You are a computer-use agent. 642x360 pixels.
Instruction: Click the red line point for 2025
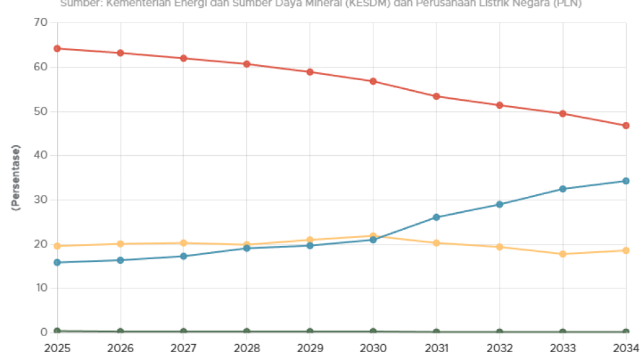58,48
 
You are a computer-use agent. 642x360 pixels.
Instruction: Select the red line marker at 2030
373,82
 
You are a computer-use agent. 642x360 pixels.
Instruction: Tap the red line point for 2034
625,125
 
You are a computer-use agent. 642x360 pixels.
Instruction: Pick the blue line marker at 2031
436,217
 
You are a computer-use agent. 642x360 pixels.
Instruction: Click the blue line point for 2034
625,181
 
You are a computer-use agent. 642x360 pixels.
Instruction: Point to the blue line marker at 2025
58,263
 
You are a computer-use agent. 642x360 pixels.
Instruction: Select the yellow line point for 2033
562,254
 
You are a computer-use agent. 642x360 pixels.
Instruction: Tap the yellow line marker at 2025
58,246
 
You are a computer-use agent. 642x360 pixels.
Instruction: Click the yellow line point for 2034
625,251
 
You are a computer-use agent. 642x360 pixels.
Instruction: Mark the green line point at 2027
184,331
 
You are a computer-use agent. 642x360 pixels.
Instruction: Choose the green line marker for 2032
499,332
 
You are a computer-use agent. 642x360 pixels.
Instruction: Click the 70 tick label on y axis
40,23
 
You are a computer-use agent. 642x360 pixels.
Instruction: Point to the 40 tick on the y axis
40,155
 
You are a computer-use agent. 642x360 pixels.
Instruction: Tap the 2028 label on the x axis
247,347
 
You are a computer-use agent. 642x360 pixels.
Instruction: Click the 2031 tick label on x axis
436,347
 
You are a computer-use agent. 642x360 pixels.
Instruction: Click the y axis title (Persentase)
16,178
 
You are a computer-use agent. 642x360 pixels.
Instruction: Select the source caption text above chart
321,3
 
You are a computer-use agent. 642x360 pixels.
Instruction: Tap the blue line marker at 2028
247,248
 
